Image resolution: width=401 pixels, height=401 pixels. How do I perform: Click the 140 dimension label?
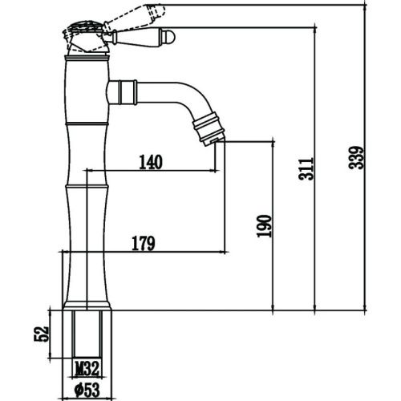(x=151, y=162)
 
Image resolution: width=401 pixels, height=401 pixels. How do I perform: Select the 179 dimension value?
(x=144, y=243)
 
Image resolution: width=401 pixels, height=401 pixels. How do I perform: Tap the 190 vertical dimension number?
(x=264, y=226)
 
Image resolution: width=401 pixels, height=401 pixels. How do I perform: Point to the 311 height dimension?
(x=306, y=169)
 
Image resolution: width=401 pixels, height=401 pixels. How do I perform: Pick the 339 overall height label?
(x=356, y=157)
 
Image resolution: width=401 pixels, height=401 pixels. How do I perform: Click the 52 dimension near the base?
(x=42, y=334)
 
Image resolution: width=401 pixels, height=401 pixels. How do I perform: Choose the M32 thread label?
(x=87, y=368)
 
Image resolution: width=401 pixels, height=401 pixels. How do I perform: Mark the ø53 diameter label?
(x=87, y=390)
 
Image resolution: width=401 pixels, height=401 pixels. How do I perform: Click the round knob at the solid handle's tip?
(x=169, y=37)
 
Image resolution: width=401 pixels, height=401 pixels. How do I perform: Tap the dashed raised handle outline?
(x=134, y=18)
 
